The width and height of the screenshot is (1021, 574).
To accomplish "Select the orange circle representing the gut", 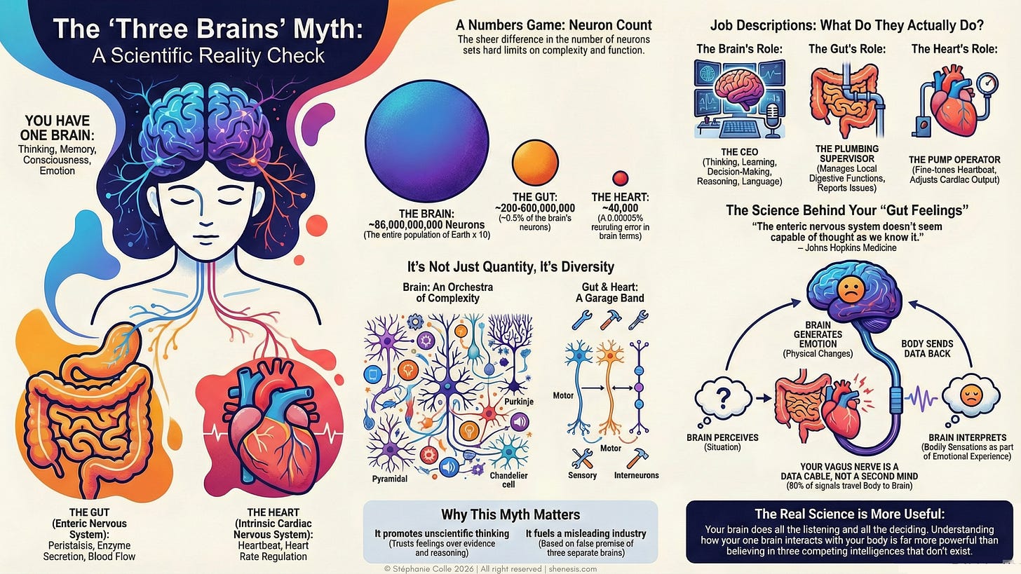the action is pos(535,162).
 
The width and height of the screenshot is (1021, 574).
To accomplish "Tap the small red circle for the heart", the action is pos(620,178).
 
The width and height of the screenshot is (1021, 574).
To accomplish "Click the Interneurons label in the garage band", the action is pos(637,475).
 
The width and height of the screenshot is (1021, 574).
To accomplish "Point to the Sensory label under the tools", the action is pos(583,475).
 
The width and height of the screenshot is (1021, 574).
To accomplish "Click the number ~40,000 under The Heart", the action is pos(621,208).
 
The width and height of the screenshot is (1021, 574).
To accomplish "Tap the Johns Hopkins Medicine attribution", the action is pos(846,247).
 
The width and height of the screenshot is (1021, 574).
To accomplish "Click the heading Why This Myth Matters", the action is pos(510,515).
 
